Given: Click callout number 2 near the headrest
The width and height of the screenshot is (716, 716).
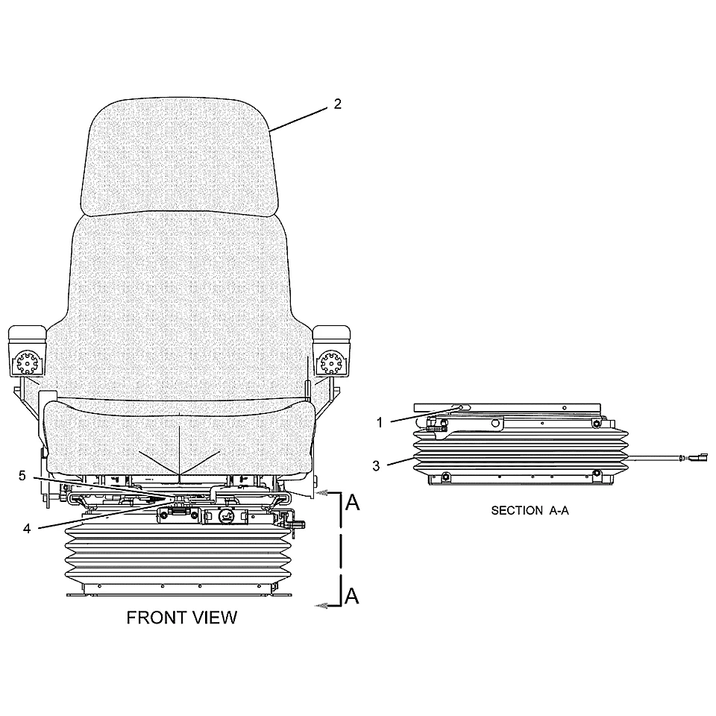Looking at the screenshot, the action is pos(337,104).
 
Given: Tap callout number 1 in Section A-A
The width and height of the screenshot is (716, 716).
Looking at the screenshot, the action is pos(380,423).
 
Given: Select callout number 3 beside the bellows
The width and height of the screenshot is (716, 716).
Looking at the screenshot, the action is pos(376,465).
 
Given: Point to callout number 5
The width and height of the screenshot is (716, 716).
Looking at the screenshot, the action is pos(22,476).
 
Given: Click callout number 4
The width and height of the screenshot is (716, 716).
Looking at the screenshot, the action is pos(27,529).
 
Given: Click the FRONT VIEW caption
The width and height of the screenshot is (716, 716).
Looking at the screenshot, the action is pos(182,618).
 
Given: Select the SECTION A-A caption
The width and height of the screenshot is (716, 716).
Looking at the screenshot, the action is pos(530,510).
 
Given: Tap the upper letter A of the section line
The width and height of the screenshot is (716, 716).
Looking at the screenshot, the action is pos(352,503).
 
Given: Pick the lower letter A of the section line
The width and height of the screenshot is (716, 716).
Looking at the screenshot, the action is pos(351,596).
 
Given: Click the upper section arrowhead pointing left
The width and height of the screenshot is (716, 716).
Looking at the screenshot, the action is pos(321,493).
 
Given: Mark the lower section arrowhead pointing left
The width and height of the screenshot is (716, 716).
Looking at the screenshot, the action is pos(321,606).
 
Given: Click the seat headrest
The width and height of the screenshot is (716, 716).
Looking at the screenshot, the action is pos(179,157).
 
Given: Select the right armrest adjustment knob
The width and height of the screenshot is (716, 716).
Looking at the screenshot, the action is pos(331,363).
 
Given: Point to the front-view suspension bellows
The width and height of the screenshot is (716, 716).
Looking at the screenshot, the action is pos(180,554).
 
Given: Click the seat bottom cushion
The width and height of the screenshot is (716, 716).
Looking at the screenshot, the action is pos(180,436).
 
